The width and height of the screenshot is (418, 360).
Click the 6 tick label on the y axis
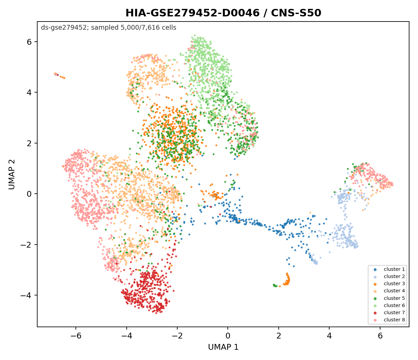click(x=29, y=42)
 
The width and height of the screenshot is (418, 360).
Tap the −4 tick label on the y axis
click(x=26, y=295)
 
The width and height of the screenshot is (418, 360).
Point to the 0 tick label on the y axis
click(x=29, y=194)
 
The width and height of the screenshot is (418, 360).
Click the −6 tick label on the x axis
click(x=76, y=336)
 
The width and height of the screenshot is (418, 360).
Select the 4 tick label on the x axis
click(x=330, y=336)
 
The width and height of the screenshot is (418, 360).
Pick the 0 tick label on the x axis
click(x=228, y=336)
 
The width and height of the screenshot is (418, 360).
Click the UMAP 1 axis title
click(x=223, y=347)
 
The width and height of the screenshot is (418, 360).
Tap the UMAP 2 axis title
click(x=12, y=174)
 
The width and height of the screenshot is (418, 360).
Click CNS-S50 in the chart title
click(x=296, y=13)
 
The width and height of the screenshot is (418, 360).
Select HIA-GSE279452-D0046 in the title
click(x=193, y=13)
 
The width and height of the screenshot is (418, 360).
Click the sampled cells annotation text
click(x=109, y=28)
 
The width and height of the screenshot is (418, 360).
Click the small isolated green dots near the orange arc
click(x=275, y=286)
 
